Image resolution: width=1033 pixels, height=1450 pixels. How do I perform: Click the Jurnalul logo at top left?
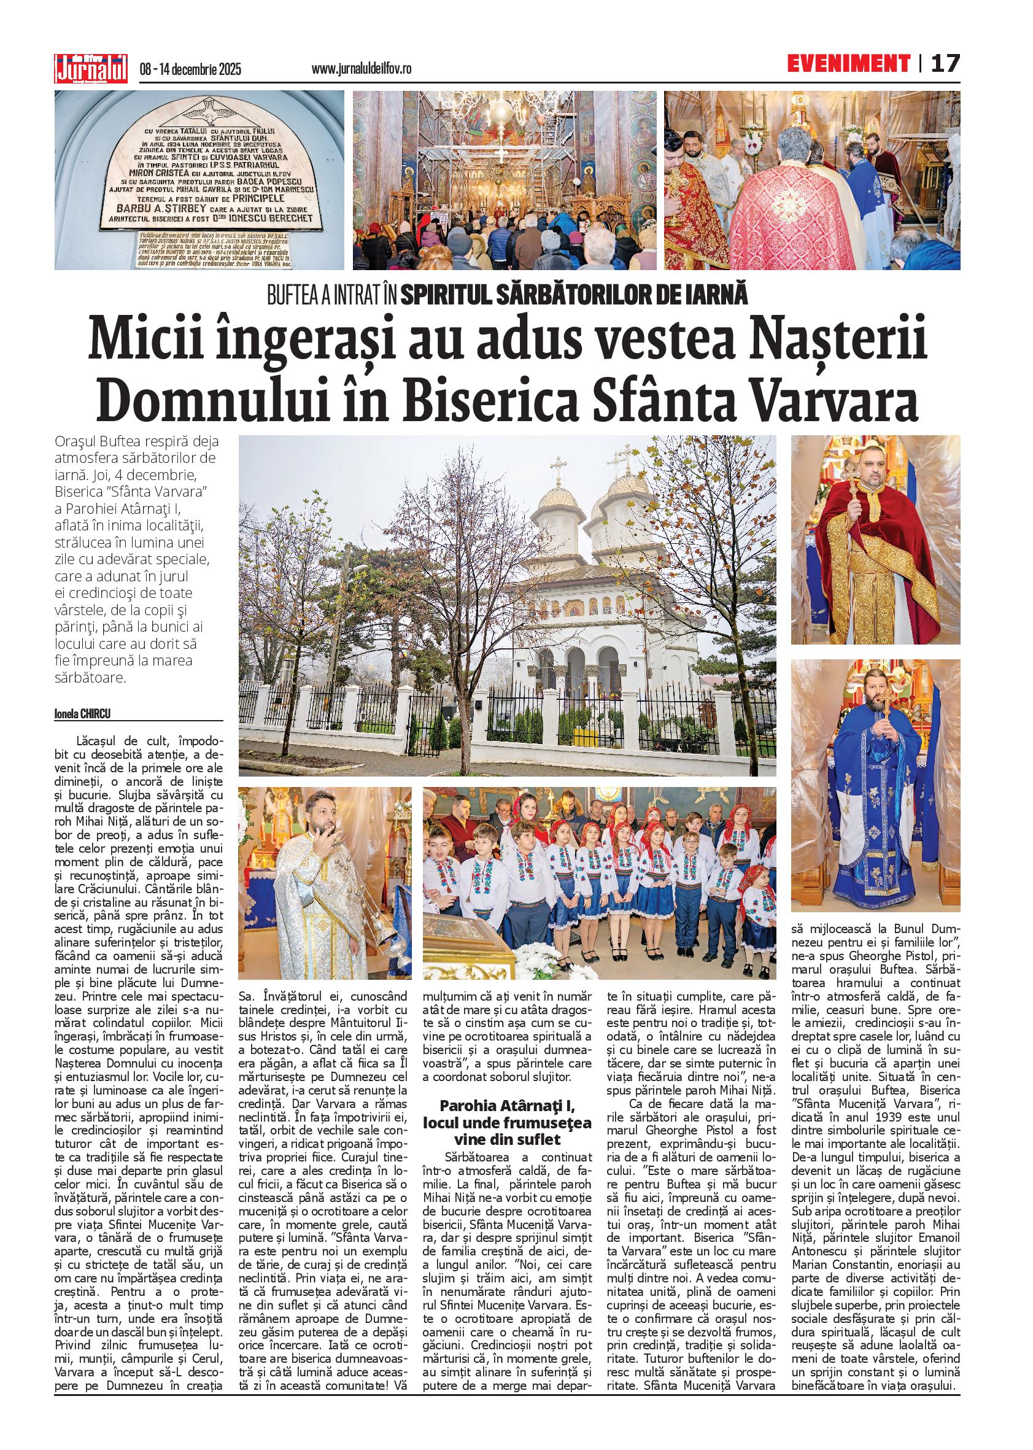[91, 66]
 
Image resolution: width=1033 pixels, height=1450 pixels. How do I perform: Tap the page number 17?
[946, 64]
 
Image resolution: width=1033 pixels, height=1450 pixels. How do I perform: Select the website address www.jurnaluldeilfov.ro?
[362, 69]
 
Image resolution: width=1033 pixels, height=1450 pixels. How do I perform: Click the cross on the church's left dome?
[559, 467]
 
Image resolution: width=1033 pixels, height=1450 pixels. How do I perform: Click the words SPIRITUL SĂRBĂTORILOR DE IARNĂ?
[575, 297]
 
